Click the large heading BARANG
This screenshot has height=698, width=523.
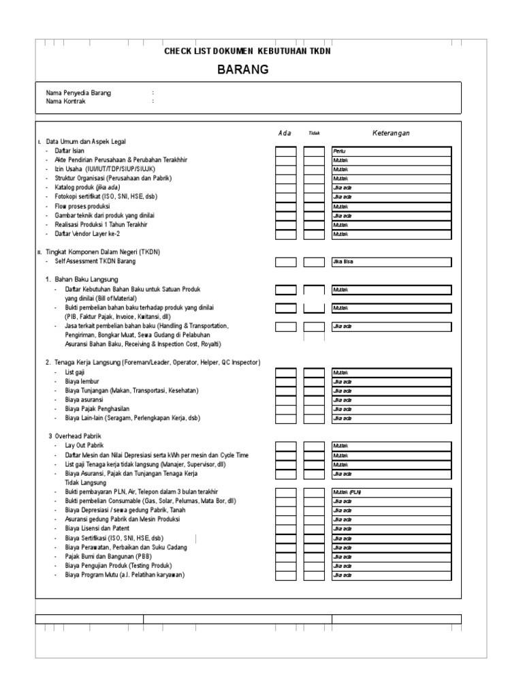click(x=243, y=70)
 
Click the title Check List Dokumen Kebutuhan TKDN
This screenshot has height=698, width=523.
click(x=247, y=52)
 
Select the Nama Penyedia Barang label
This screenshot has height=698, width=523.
click(x=78, y=93)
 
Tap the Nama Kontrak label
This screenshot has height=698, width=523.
click(x=66, y=102)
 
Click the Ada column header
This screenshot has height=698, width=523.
click(x=285, y=133)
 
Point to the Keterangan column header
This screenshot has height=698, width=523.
click(x=391, y=133)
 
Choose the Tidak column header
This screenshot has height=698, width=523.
click(x=314, y=134)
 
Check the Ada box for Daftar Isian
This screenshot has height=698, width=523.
click(x=286, y=151)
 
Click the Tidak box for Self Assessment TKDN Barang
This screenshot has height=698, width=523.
click(x=314, y=262)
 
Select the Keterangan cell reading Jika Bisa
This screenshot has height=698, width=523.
click(x=392, y=262)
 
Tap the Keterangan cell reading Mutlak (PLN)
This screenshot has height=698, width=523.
click(x=392, y=492)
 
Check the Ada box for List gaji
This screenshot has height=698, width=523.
click(x=286, y=373)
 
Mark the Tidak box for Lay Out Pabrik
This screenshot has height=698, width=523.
click(x=314, y=446)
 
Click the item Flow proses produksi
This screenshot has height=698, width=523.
click(x=82, y=206)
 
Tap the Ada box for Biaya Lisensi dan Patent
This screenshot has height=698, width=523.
click(x=286, y=529)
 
